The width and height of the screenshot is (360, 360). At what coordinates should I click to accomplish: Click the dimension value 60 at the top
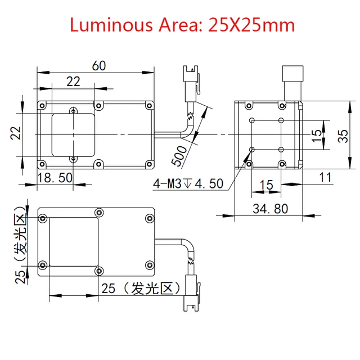(x=100, y=66)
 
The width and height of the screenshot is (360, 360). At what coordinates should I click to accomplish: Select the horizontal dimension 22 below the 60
(x=73, y=82)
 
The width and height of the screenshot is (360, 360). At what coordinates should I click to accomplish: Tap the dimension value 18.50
(x=55, y=178)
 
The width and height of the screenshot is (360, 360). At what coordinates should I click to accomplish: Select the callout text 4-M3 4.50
(x=188, y=184)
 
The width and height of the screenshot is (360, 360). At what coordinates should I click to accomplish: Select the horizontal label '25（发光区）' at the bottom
(x=141, y=289)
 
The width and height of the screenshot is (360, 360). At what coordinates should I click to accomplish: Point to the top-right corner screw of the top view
(x=149, y=105)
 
